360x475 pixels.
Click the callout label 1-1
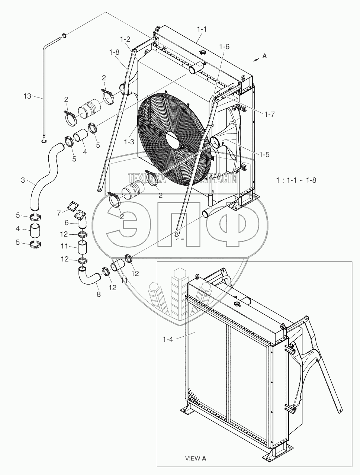[202, 29]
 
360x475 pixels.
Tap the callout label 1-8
[114, 52]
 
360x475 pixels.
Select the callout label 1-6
[224, 46]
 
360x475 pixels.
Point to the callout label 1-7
[270, 114]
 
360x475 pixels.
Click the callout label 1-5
[264, 154]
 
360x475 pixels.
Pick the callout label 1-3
[129, 142]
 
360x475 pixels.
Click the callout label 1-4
[168, 339]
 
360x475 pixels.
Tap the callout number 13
[28, 96]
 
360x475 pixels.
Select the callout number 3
[23, 180]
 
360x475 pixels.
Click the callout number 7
[59, 214]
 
